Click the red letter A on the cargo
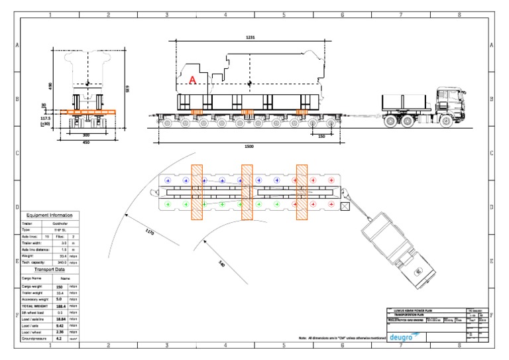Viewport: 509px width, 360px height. (193, 80)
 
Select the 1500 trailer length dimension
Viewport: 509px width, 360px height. (249, 146)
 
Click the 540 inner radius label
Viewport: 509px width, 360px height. (221, 263)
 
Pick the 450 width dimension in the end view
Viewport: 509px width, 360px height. (85, 142)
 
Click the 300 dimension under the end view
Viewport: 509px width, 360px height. (85, 134)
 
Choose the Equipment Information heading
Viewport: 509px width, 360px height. (50, 215)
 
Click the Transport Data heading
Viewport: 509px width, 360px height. (50, 270)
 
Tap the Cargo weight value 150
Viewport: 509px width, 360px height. (59, 287)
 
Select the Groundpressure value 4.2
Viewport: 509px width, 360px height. (59, 337)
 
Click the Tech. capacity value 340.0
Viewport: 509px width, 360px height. (60, 263)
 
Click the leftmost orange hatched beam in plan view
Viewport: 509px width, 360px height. (197, 192)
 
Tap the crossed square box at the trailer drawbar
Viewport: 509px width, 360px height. (345, 207)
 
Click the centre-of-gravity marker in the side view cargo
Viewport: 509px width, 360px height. (249, 83)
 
